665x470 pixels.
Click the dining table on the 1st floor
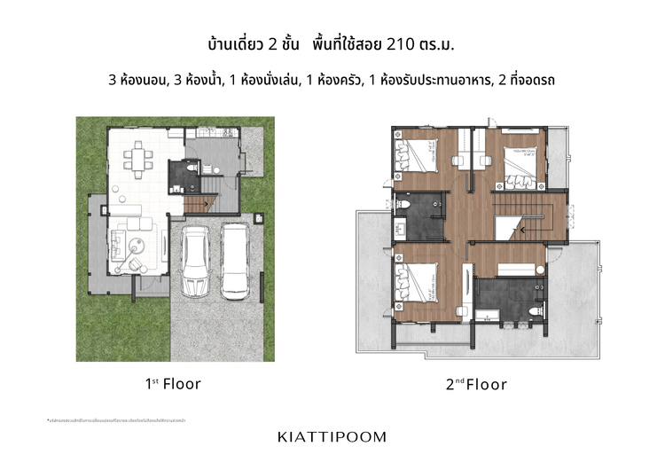[137, 160]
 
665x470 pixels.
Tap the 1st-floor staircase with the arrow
[200, 203]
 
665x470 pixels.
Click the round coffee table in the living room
[139, 246]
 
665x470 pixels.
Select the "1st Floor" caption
[173, 384]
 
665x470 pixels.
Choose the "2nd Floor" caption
[476, 384]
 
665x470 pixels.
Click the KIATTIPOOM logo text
[332, 437]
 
